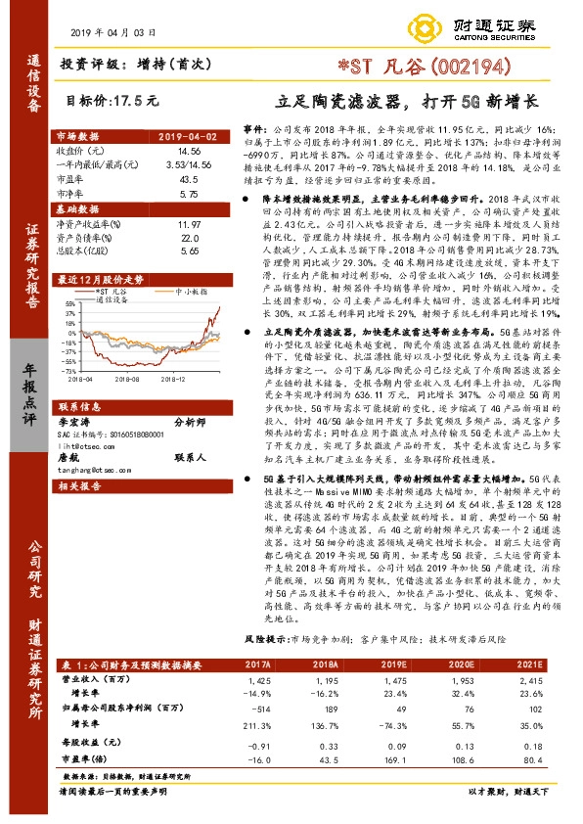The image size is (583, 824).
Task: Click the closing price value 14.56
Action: (188, 151)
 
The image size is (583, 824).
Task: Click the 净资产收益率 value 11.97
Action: (188, 225)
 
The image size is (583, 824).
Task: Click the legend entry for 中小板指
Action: (189, 292)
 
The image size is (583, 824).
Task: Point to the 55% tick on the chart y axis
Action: (68, 304)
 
